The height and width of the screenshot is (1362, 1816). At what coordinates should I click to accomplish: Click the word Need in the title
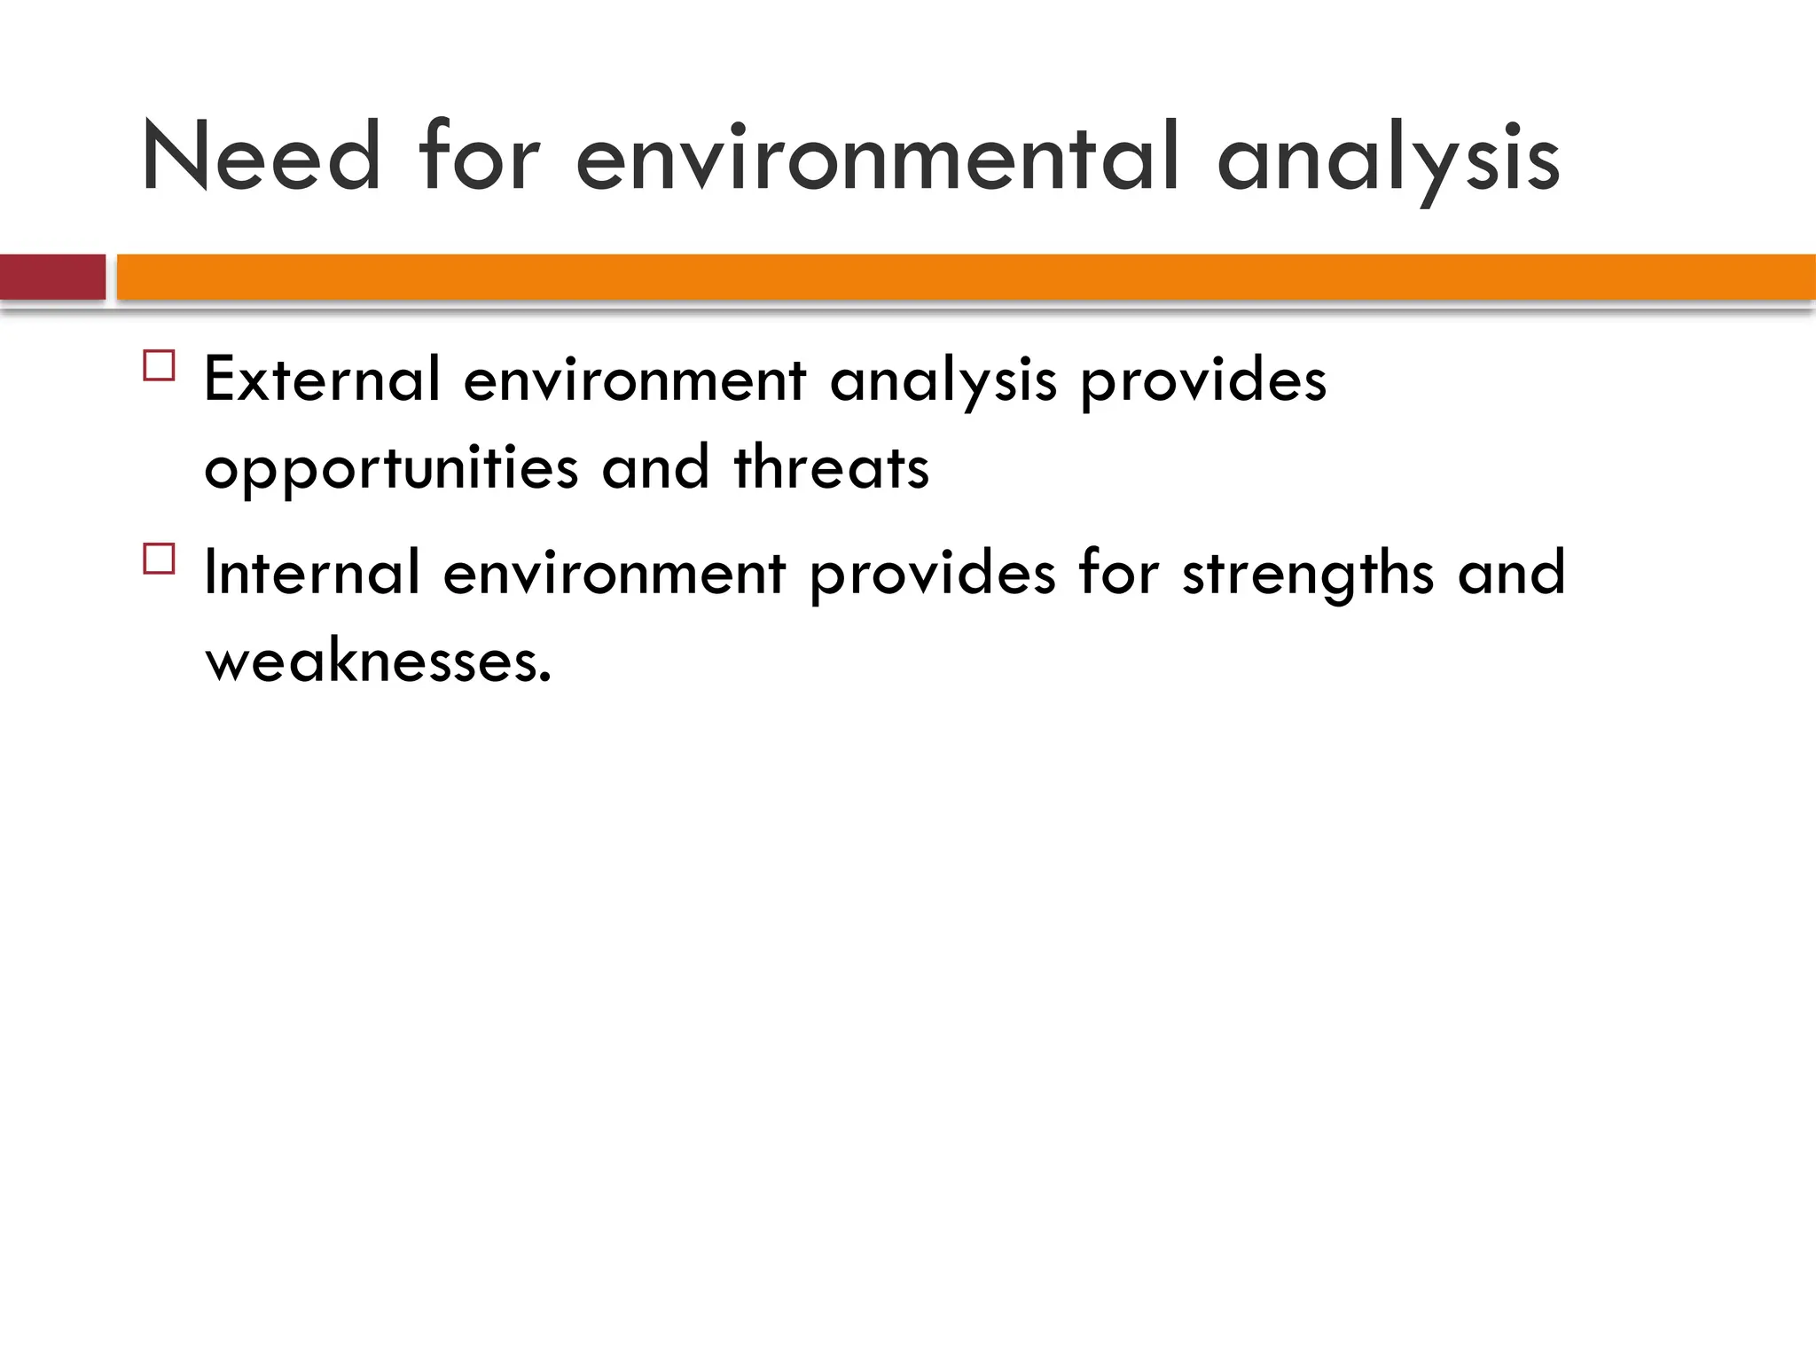click(x=261, y=158)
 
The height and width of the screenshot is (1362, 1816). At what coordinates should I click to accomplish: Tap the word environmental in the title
click(x=878, y=158)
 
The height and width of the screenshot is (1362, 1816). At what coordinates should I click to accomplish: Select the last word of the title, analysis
click(x=1388, y=160)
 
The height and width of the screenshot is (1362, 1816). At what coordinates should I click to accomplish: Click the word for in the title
click(x=480, y=158)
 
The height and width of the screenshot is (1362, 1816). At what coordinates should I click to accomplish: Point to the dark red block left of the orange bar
click(x=52, y=277)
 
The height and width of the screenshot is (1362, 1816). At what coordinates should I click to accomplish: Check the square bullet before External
click(x=160, y=366)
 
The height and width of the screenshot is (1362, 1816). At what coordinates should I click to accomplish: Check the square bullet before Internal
click(x=160, y=560)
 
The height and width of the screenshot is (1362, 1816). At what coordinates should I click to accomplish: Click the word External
click(x=322, y=380)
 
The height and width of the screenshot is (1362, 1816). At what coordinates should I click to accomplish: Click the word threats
click(x=832, y=467)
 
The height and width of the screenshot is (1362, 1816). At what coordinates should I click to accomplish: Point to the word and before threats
click(x=655, y=467)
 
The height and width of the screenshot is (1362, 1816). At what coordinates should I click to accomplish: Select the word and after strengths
click(x=1512, y=573)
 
